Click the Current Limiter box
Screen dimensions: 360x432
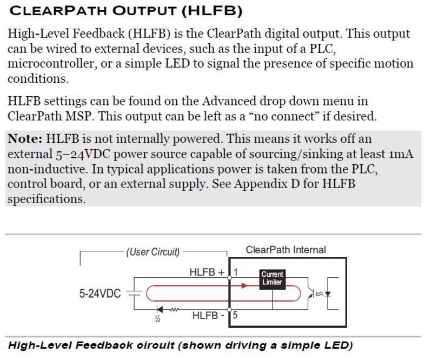pyautogui.click(x=272, y=278)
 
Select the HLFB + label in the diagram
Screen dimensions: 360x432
pyautogui.click(x=207, y=273)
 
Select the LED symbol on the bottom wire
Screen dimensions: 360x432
pyautogui.click(x=159, y=310)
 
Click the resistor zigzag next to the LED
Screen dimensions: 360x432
pyautogui.click(x=174, y=310)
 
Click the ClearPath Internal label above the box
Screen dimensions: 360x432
pyautogui.click(x=286, y=250)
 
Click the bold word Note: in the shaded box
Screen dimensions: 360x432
pyautogui.click(x=25, y=138)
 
